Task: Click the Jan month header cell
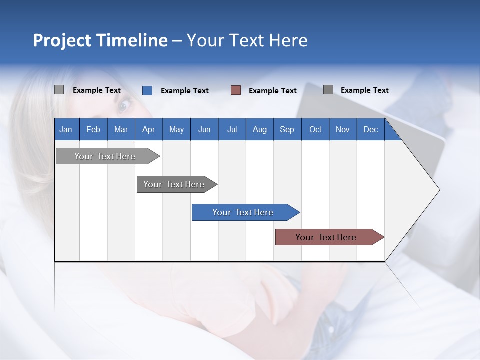[x=66, y=129]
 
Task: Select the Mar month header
[x=121, y=129]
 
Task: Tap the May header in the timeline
[x=176, y=129]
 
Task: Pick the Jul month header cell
[x=232, y=129]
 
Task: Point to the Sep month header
[x=287, y=129]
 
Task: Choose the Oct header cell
[x=315, y=129]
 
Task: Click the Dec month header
[x=370, y=129]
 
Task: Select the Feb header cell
[x=93, y=129]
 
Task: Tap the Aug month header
[x=259, y=129]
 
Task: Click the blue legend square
[x=147, y=90]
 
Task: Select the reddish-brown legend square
[x=236, y=90]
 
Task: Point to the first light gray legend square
[x=59, y=90]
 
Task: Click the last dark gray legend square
[x=328, y=90]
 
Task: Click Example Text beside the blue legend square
[x=185, y=91]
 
